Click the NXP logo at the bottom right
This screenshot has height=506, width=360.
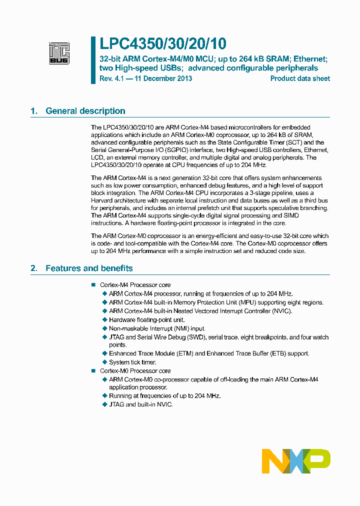pos(296,460)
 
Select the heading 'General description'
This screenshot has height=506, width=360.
pos(85,111)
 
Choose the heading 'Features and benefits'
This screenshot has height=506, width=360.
pos(89,268)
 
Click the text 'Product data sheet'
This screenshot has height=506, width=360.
pos(300,78)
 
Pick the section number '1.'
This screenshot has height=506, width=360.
pos(34,111)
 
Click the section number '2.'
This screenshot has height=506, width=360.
pos(34,268)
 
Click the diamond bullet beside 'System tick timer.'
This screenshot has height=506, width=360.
pos(104,362)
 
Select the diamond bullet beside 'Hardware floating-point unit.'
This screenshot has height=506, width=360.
pos(104,319)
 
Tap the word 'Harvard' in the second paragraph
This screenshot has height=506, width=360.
pos(103,200)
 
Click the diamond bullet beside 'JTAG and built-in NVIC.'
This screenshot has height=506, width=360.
pos(104,404)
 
